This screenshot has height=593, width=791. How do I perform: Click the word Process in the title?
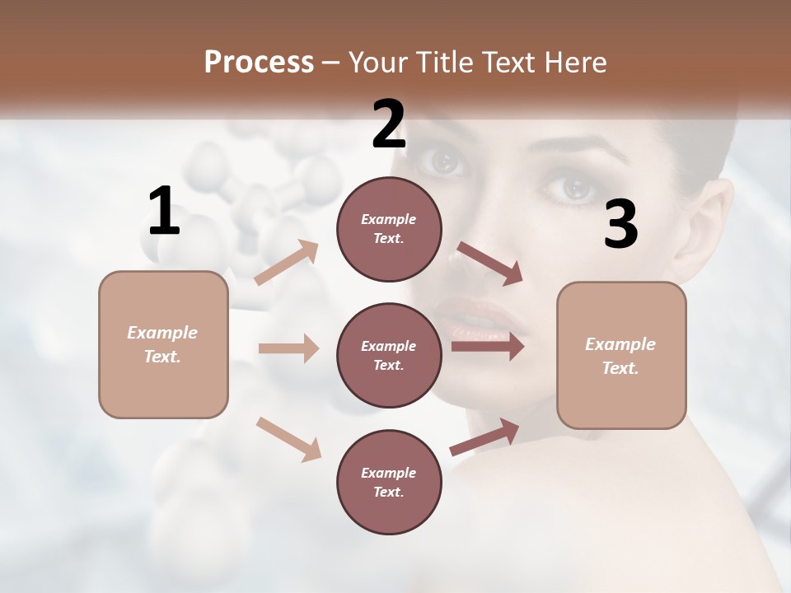coord(259,62)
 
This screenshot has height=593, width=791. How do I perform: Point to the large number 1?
coord(164,212)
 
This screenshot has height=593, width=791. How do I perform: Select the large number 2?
coord(389,125)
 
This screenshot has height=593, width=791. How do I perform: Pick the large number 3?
coord(620,225)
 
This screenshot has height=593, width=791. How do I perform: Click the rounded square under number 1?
coord(163,344)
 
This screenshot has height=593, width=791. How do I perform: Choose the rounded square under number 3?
coord(621,355)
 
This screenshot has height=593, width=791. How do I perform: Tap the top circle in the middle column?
coord(389,228)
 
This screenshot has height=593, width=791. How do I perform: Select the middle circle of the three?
coord(389,355)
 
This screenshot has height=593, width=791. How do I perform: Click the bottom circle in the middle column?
coord(389,482)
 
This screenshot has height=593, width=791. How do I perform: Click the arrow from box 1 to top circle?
coord(287,262)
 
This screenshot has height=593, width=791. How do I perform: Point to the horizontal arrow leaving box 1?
coord(288,348)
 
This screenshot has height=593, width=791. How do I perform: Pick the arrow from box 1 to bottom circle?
coord(288,439)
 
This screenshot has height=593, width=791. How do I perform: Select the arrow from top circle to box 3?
coord(489,264)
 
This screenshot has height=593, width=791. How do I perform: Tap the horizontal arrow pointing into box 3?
coord(487,346)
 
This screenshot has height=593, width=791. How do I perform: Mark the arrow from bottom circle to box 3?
coord(484,437)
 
